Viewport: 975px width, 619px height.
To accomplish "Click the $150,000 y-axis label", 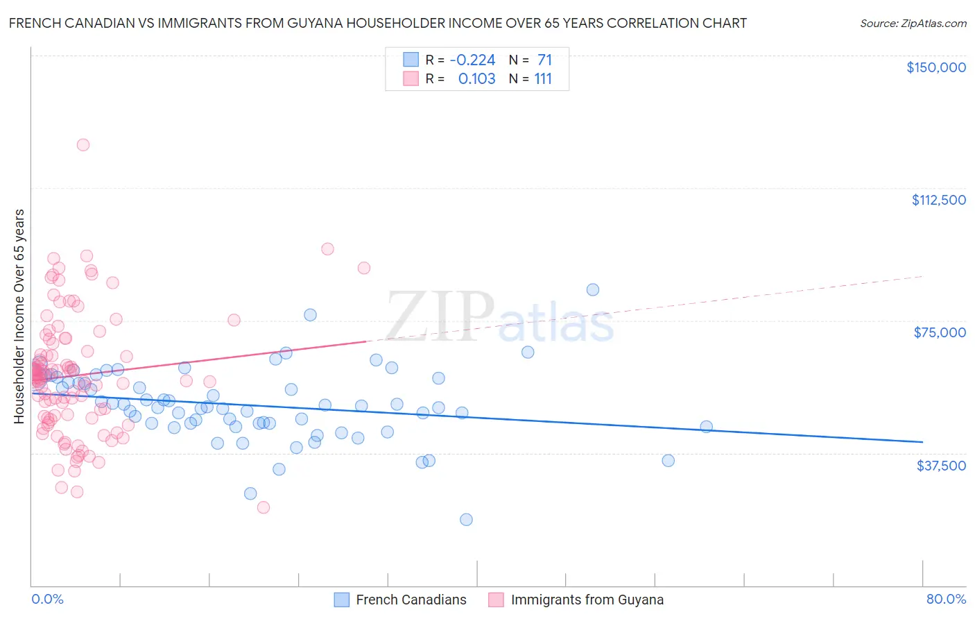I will [935, 67].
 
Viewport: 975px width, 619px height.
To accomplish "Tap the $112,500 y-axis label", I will [938, 200].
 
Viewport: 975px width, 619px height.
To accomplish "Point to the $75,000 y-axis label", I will [940, 332].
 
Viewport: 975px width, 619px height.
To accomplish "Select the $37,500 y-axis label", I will [941, 465].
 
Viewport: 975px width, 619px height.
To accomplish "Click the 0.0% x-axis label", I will [47, 599].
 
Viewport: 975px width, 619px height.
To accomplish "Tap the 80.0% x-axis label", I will [946, 599].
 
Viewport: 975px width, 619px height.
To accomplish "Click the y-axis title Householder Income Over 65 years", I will [19, 316].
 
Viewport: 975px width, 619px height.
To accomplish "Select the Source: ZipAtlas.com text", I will [913, 23].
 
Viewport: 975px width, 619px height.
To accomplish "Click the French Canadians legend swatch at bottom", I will [341, 600].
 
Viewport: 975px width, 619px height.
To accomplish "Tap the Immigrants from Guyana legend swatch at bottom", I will [496, 600].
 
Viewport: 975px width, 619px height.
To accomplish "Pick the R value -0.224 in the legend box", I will [472, 60].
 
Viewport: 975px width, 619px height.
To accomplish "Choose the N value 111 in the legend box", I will [543, 79].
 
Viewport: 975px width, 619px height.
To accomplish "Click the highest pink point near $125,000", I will [83, 145].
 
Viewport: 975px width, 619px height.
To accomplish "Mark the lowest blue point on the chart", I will [466, 520].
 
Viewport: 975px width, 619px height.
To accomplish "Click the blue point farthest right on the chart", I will [706, 427].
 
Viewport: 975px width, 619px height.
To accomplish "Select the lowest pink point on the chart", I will [264, 507].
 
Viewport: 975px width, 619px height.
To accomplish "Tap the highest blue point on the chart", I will [592, 290].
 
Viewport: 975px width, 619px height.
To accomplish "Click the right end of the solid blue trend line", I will [922, 442].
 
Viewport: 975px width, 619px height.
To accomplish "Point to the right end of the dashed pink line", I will [922, 276].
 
